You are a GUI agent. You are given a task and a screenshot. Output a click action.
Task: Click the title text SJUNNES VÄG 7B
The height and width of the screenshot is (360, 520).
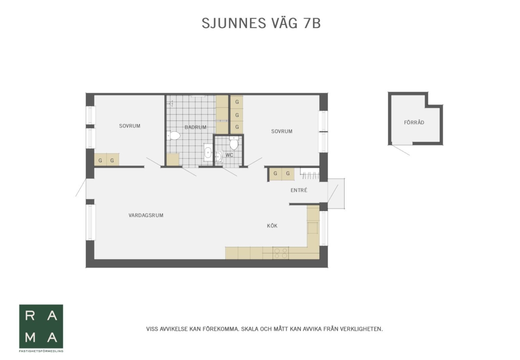[261, 23]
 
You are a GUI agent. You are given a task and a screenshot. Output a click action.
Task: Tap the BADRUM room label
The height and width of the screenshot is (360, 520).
[195, 127]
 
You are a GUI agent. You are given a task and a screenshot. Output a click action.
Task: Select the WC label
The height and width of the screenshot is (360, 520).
[229, 155]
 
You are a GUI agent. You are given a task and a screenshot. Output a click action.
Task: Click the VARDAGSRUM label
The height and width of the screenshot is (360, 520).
[146, 215]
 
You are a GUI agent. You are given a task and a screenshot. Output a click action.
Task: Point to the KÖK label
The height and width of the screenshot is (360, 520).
[272, 225]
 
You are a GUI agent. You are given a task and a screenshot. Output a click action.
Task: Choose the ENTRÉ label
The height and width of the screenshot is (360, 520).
[299, 190]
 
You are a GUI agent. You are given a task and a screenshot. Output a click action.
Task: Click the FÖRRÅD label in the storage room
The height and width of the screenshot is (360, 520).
[414, 122]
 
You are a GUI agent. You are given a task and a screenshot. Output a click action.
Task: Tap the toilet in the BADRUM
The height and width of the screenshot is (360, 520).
[173, 136]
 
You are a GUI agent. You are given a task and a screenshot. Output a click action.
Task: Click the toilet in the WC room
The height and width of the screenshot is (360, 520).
[234, 143]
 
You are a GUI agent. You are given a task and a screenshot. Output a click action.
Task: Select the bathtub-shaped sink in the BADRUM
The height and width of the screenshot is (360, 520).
[208, 152]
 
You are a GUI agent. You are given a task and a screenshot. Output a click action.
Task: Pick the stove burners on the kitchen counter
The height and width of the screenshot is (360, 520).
[281, 253]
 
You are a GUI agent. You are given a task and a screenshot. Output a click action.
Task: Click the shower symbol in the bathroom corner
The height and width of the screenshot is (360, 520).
[171, 103]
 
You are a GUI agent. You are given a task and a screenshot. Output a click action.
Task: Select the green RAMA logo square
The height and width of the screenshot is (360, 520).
[41, 326]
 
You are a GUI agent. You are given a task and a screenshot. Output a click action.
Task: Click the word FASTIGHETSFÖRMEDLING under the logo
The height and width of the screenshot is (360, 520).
[41, 351]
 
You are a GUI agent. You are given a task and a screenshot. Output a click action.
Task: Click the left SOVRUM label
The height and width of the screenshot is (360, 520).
[130, 126]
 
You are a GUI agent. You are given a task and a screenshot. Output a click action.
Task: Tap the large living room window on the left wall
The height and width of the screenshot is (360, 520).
[91, 222]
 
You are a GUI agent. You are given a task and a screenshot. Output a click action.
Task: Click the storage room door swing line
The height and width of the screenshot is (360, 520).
[400, 150]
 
